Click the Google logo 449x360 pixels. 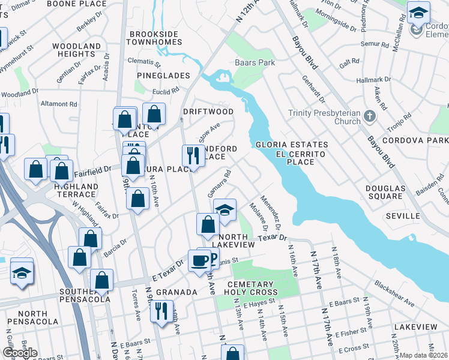tap(20, 353)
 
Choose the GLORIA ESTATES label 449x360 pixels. tap(292, 145)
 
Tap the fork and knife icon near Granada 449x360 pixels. tap(161, 311)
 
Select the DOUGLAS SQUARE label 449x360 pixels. tap(385, 192)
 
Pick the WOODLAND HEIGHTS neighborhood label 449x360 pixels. tap(76, 50)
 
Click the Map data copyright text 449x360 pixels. tap(423, 355)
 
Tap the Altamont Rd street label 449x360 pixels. tap(59, 104)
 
